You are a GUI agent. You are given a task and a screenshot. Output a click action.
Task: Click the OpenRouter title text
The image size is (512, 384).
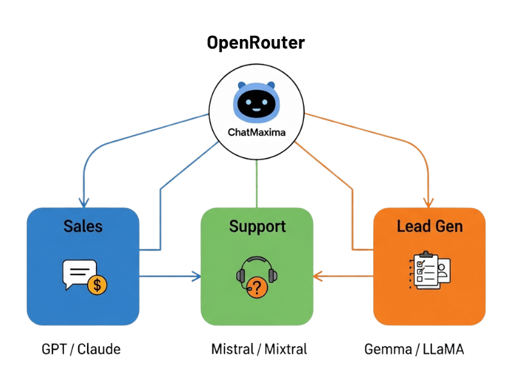pos(256,44)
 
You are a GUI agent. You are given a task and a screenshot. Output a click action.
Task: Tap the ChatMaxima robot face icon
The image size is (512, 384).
pos(256,102)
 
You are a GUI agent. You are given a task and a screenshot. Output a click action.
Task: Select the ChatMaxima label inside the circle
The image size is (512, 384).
pos(256,132)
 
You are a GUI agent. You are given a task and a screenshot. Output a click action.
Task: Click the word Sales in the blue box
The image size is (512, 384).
pos(83,226)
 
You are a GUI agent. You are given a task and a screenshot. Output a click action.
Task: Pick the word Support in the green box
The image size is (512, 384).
pos(257,226)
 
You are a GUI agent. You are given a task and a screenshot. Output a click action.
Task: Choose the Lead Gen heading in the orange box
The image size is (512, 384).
pos(429,226)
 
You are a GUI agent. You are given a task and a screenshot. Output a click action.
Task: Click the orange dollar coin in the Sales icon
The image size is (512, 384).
pos(97,284)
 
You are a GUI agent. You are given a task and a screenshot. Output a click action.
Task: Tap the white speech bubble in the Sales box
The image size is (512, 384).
pos(78,274)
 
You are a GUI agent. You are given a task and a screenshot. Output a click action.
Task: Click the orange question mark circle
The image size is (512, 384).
pos(257,288)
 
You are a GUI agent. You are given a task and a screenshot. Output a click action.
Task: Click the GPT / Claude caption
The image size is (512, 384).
pos(81,349)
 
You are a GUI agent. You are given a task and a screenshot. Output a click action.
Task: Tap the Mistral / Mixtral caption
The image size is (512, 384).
pos(259,349)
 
